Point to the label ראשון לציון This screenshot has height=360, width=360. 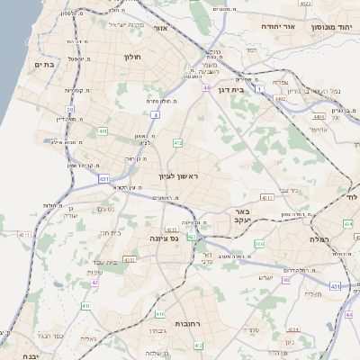[x=177, y=176]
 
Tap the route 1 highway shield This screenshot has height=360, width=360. [x=260, y=89]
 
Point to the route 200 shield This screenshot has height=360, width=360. [x=259, y=244]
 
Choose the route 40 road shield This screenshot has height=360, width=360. [x=286, y=280]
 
